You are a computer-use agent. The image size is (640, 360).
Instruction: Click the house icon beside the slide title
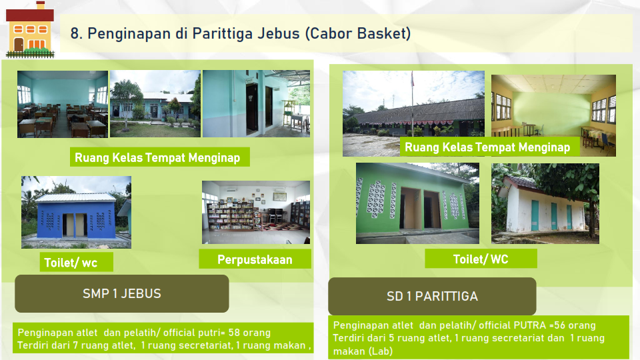pos(30,29)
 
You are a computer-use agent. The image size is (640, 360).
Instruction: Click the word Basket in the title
pos(384,33)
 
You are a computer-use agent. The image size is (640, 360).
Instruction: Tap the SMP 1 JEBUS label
pos(121,293)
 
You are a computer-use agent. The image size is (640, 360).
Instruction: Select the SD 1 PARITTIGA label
pos(432,296)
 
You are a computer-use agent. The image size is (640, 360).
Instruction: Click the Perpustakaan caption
pos(255,259)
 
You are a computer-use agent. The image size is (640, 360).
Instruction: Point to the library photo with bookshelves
pos(256,212)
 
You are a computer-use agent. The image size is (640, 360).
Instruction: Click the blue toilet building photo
pos(76,212)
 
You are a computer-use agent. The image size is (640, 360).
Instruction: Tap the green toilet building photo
pos(417,203)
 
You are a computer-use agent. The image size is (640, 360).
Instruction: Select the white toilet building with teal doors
pos(545,203)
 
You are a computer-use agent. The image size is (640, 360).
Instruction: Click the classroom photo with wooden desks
pos(63,104)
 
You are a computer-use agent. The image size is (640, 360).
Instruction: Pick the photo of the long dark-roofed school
pos(413,113)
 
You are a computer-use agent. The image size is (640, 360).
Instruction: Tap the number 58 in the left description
pos(234,333)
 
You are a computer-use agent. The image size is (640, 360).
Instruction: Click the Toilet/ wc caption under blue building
pos(71,263)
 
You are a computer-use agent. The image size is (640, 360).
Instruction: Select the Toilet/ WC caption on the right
pos(481,259)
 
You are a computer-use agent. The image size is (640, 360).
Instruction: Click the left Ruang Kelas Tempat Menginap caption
pos(157,157)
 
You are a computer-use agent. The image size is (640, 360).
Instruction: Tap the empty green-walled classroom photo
pos(553,115)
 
